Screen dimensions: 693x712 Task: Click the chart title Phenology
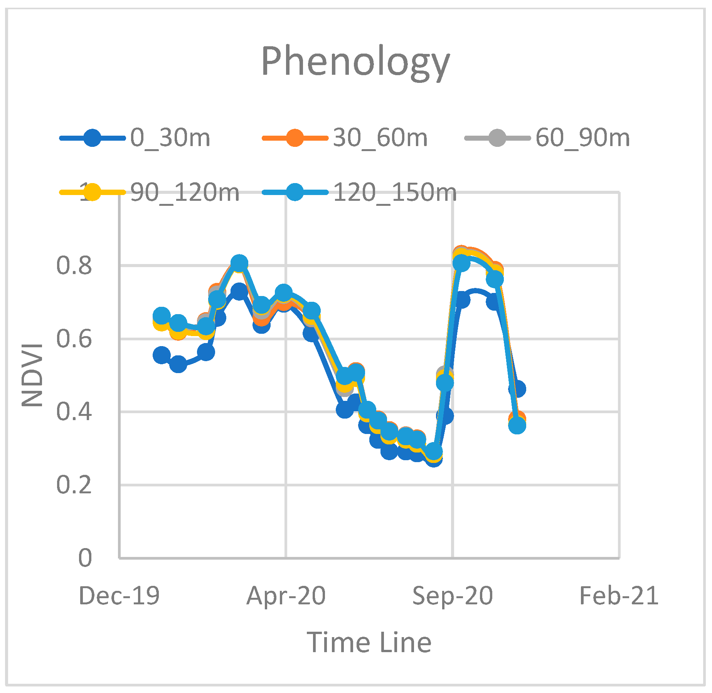(355, 62)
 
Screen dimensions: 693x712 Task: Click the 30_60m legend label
(380, 138)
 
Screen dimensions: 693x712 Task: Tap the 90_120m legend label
(185, 192)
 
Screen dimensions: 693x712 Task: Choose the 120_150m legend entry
(394, 192)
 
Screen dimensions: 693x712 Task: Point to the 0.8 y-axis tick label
(74, 266)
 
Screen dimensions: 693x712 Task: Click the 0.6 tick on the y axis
(74, 339)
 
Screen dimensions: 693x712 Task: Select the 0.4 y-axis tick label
(74, 412)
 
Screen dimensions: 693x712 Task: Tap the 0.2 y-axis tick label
(74, 484)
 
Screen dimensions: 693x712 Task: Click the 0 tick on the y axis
(85, 558)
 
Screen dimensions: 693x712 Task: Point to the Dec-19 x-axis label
(119, 595)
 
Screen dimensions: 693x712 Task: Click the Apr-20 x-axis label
(286, 595)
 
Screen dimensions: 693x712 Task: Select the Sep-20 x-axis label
(453, 595)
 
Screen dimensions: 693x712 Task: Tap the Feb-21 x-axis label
(619, 595)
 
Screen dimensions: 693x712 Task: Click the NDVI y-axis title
(32, 375)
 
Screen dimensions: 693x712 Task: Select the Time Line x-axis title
(369, 643)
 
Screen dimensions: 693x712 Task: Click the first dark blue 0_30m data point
(162, 355)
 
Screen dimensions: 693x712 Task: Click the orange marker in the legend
(295, 138)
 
